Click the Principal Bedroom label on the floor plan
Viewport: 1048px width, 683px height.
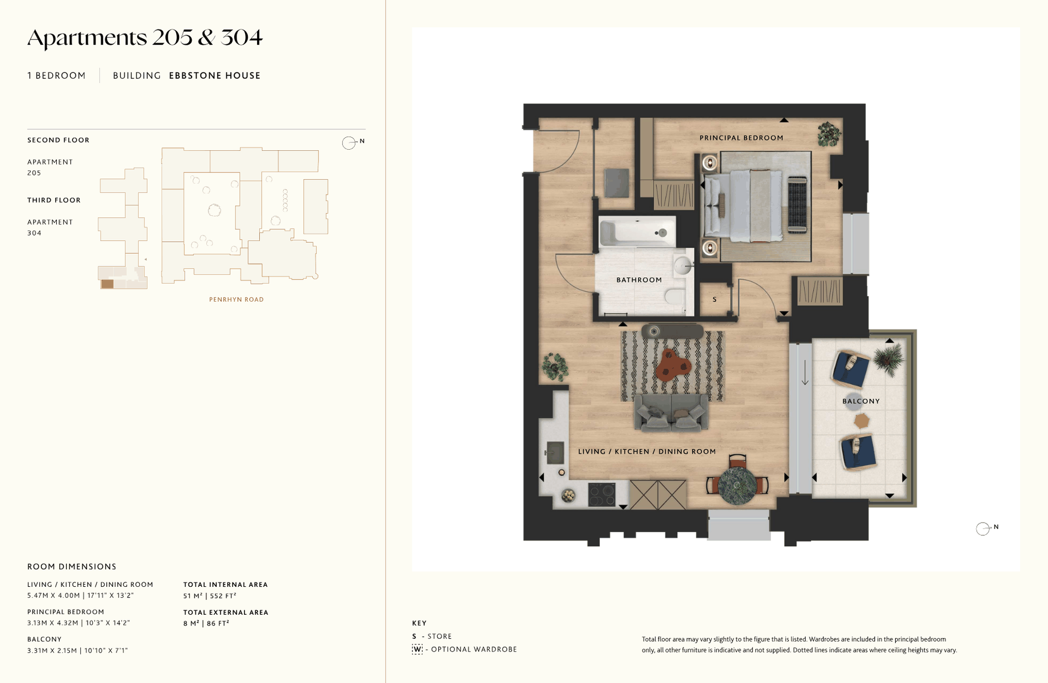tap(741, 138)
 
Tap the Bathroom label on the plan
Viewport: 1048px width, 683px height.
tap(639, 280)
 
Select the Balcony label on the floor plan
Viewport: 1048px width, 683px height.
tap(861, 401)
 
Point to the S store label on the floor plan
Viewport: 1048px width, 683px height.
tap(715, 299)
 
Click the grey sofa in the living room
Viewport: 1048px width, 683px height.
tap(672, 412)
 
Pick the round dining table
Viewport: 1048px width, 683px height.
tap(737, 485)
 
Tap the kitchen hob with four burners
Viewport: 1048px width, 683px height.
tap(602, 494)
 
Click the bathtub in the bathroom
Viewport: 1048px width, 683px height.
tap(637, 232)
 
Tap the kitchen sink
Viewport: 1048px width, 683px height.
tap(555, 452)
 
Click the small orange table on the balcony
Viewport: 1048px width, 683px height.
tap(861, 421)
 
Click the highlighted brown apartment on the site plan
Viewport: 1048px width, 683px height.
tap(107, 284)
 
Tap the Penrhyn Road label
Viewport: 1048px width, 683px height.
tap(237, 299)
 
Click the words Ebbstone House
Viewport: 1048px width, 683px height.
tap(215, 76)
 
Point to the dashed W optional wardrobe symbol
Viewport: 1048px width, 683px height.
tap(417, 649)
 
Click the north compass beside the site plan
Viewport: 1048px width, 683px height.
tap(349, 143)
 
